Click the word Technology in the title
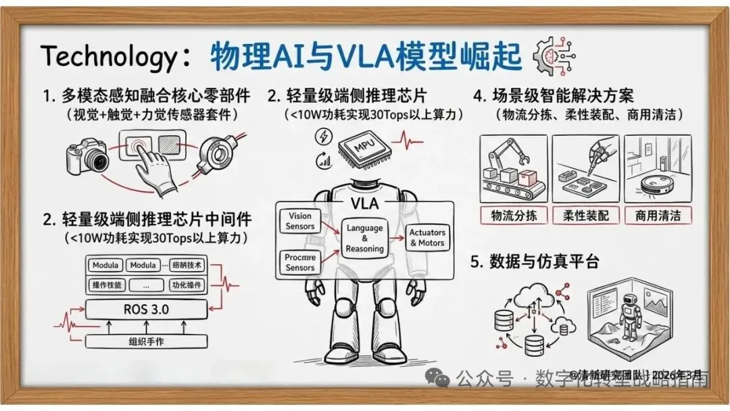tap(108, 56)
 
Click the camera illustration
tap(88, 157)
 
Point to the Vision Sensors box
tap(299, 221)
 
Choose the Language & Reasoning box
tap(365, 239)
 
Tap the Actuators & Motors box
tap(427, 238)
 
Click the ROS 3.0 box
tap(146, 310)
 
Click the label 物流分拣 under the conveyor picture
tap(514, 216)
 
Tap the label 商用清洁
tap(658, 216)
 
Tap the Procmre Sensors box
tap(299, 262)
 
